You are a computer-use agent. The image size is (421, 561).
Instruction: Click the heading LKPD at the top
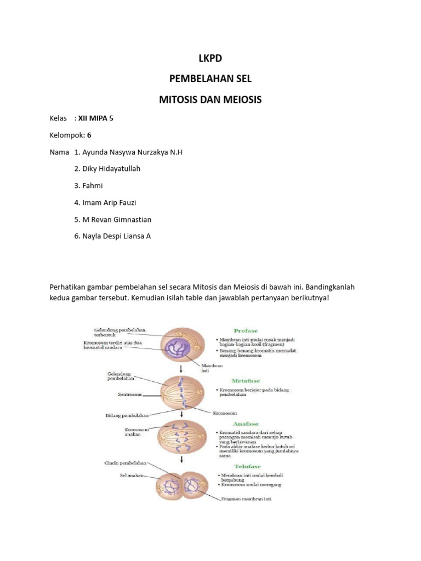click(x=210, y=58)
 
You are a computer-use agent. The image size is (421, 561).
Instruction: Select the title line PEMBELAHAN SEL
click(x=210, y=79)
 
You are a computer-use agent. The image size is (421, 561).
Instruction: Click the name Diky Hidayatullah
click(x=107, y=169)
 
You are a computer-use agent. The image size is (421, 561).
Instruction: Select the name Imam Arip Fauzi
click(x=109, y=203)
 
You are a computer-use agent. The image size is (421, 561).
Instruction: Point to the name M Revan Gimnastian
click(x=113, y=220)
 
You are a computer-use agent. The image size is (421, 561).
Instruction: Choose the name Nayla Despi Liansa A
click(x=112, y=237)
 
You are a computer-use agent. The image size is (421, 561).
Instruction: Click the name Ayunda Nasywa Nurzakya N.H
click(x=128, y=152)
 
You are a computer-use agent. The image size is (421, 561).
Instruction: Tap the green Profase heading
click(x=245, y=331)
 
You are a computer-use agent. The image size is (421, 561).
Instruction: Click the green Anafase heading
click(x=245, y=423)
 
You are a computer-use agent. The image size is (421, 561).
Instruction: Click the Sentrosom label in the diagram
click(x=130, y=394)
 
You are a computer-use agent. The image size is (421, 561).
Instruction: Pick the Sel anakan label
click(x=132, y=476)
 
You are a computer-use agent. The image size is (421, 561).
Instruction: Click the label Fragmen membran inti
click(x=247, y=499)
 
